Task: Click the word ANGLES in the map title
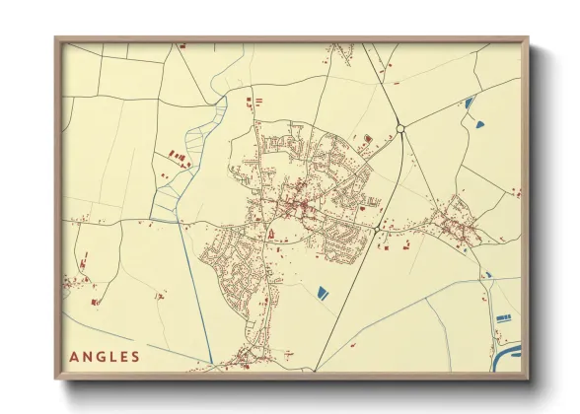click(x=105, y=356)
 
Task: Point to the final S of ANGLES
click(x=135, y=356)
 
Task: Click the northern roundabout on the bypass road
click(x=401, y=128)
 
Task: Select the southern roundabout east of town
click(x=379, y=228)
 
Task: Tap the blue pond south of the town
click(x=322, y=292)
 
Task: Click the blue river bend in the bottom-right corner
click(x=511, y=352)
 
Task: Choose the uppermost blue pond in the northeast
click(x=470, y=102)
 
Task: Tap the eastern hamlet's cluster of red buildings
click(x=457, y=224)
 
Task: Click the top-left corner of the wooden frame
click(x=57, y=39)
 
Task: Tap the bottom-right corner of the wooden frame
click(x=527, y=377)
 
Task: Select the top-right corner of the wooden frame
click(x=527, y=39)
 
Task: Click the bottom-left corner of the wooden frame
click(x=57, y=377)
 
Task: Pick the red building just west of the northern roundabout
click(x=368, y=137)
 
